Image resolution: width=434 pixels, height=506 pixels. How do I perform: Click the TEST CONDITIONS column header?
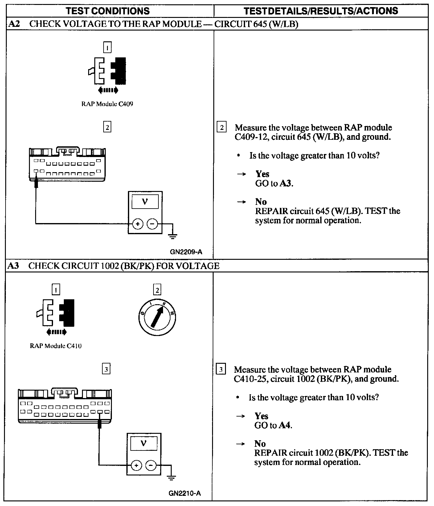[x=108, y=11]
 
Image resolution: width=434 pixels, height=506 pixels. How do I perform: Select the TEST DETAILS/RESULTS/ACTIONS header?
[x=321, y=11]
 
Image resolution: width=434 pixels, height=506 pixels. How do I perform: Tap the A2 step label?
[x=14, y=24]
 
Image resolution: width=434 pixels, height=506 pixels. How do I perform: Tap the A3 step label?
[x=14, y=266]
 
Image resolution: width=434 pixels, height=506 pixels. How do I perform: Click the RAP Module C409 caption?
[x=107, y=104]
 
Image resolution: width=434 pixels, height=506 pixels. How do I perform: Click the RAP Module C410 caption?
[x=56, y=346]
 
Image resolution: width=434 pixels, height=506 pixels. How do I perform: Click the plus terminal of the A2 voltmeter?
[x=137, y=224]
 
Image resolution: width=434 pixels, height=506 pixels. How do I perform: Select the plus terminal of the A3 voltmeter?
[x=136, y=465]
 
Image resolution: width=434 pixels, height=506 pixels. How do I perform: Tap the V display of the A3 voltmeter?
[x=144, y=444]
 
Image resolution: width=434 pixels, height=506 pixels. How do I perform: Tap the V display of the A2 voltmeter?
[x=145, y=202]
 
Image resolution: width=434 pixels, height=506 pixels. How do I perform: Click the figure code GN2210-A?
[x=185, y=493]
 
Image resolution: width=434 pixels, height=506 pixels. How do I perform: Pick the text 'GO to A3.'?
[x=274, y=184]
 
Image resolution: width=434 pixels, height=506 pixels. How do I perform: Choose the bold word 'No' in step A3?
[x=260, y=444]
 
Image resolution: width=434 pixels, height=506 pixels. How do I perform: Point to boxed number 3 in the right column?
[x=221, y=369]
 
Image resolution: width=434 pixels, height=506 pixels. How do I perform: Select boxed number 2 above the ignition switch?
[x=157, y=290]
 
